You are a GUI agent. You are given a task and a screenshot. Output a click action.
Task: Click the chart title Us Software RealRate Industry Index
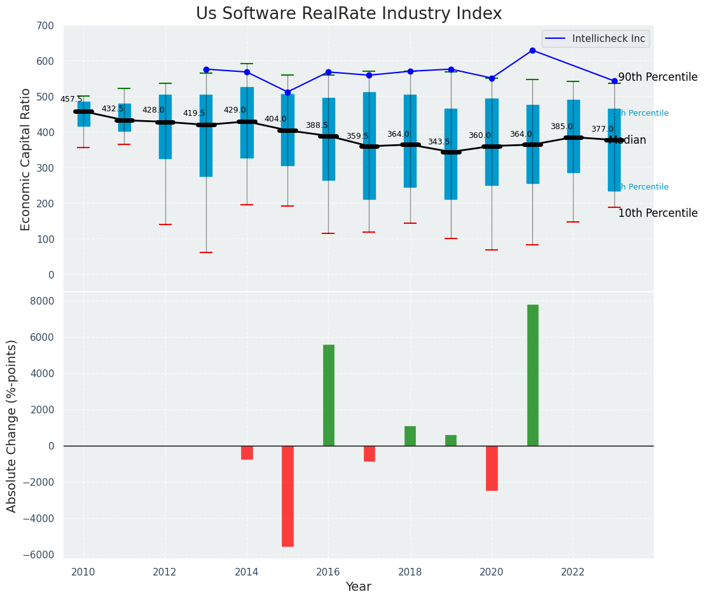(x=349, y=14)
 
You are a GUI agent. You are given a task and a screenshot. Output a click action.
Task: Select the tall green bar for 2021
(x=532, y=375)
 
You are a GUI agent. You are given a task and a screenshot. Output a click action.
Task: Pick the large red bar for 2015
(x=287, y=496)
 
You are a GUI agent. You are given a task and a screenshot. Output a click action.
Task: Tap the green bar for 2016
(x=328, y=395)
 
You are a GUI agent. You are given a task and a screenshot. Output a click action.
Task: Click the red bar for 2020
(x=492, y=468)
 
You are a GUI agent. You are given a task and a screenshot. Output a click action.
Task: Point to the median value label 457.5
(x=71, y=99)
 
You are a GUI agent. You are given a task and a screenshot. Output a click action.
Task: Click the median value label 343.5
(x=438, y=142)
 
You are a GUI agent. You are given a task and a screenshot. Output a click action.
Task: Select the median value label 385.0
(x=561, y=127)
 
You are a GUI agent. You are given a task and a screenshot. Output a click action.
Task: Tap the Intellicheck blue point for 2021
(x=532, y=50)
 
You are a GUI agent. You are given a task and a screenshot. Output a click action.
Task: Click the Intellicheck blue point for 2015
(x=287, y=92)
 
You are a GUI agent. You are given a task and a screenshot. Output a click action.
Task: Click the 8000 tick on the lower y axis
(x=43, y=301)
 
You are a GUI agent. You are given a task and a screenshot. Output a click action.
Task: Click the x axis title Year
(x=358, y=587)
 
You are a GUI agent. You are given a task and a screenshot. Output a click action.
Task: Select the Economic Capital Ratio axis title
(x=26, y=159)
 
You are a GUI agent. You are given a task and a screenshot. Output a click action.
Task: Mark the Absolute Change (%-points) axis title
(x=12, y=425)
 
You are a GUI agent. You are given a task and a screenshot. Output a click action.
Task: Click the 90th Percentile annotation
(x=658, y=77)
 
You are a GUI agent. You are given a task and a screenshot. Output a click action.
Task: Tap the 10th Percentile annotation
(x=658, y=213)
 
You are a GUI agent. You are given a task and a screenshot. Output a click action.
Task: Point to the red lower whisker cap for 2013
(x=205, y=252)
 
